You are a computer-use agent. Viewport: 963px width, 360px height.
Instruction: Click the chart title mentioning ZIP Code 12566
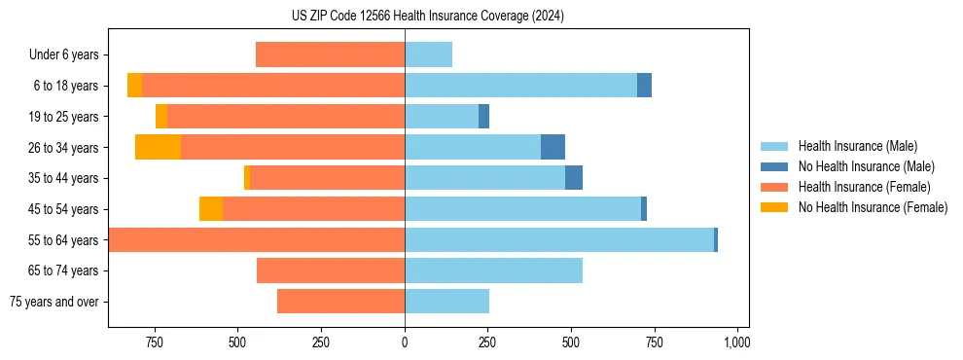[x=427, y=17]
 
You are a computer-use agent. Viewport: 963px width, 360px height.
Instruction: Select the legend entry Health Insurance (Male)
[x=857, y=146]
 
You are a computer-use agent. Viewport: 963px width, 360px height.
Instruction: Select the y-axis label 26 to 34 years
[x=64, y=148]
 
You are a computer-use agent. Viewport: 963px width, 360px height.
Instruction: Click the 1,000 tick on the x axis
[x=736, y=342]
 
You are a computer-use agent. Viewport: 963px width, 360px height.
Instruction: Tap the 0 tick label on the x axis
[x=405, y=342]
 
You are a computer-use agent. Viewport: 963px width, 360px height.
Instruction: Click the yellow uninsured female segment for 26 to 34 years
[x=158, y=147]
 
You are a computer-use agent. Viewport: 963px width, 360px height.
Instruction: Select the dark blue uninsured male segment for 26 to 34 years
[x=553, y=147]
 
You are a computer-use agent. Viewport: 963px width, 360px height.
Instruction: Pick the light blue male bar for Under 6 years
[x=428, y=54]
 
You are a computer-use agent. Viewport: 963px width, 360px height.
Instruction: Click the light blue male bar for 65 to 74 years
[x=493, y=270]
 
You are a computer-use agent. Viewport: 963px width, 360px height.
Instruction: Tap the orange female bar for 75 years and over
[x=340, y=302]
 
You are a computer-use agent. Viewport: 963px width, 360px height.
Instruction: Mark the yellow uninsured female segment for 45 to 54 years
[x=211, y=209]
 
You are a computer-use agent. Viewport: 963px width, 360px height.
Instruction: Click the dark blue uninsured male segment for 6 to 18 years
[x=644, y=86]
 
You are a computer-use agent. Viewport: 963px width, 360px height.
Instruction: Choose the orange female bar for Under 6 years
[x=330, y=54]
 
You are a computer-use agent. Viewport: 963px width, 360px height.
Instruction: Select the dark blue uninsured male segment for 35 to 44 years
[x=574, y=178]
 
